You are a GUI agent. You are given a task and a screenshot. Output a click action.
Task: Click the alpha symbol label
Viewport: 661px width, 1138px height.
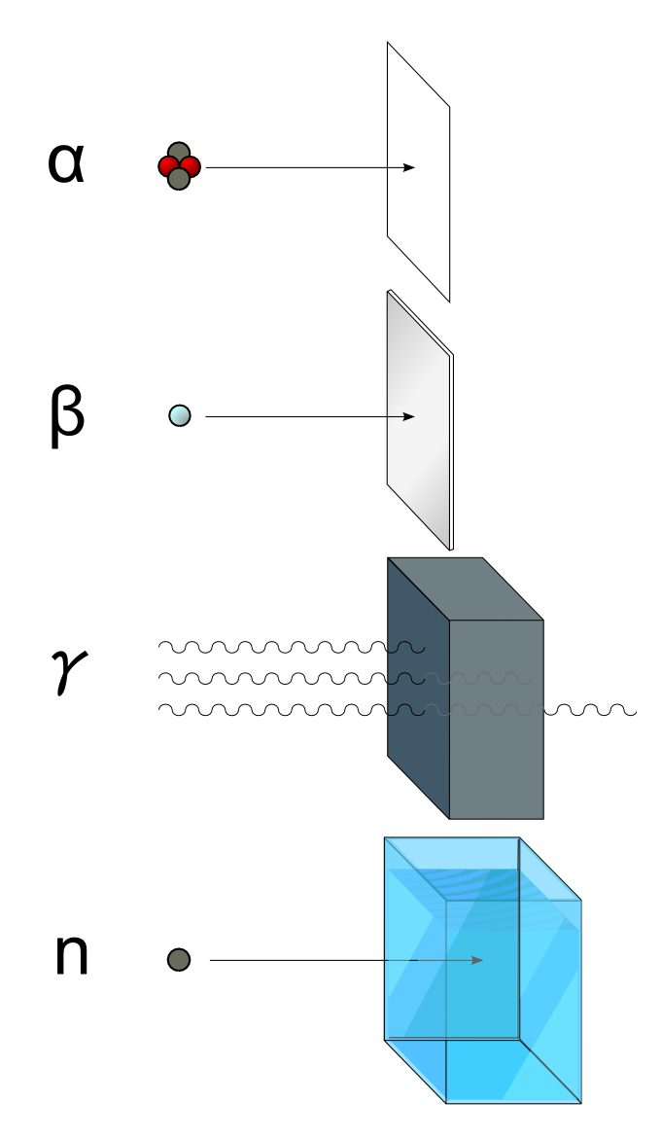66,164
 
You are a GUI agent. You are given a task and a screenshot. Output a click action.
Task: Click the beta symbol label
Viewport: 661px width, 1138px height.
67,416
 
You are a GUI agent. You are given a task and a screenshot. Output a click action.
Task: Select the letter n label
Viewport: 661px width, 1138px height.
71,956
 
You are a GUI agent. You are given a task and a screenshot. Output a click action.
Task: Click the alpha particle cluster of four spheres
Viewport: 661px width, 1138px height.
179,166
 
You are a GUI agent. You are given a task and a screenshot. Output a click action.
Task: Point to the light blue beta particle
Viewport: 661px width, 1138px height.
180,416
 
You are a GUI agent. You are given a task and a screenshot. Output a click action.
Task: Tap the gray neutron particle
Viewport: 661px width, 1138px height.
179,960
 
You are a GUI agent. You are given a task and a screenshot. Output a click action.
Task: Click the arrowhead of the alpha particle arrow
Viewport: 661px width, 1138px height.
410,167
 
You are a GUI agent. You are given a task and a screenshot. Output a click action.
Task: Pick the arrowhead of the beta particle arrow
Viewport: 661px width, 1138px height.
410,417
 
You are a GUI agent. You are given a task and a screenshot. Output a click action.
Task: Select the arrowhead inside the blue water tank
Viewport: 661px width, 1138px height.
477,960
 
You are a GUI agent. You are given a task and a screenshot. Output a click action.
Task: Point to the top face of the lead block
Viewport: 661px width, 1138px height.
465,588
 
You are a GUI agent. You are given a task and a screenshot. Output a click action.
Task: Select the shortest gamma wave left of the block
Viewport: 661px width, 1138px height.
272,647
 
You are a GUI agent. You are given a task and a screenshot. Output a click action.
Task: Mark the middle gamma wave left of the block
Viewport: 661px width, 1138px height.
272,678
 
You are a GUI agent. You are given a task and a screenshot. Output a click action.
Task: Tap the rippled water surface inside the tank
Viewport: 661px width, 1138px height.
486,880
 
